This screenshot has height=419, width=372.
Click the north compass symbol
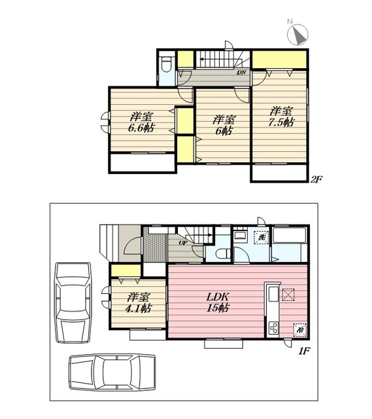[x=297, y=34]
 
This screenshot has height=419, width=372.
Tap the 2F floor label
[x=316, y=179]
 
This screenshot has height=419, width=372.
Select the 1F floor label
[x=304, y=351]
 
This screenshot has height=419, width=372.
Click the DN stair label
[x=241, y=73]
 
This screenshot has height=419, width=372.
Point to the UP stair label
[x=183, y=243]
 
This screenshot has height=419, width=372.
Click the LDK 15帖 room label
[x=218, y=302]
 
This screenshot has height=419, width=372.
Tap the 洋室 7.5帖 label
[x=281, y=117]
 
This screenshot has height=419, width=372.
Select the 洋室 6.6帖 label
[x=141, y=122]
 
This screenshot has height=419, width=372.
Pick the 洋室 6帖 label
[x=224, y=125]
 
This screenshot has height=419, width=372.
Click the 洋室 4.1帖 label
[x=138, y=302]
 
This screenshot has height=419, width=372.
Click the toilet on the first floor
[x=223, y=253]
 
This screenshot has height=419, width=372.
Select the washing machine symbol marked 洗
[x=262, y=237]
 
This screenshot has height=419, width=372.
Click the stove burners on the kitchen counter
[x=274, y=328]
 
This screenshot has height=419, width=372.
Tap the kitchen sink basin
[x=273, y=295]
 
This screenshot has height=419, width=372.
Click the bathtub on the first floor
[x=290, y=235]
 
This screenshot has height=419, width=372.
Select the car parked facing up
[x=73, y=302]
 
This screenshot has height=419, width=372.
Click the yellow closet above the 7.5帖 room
[x=279, y=60]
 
